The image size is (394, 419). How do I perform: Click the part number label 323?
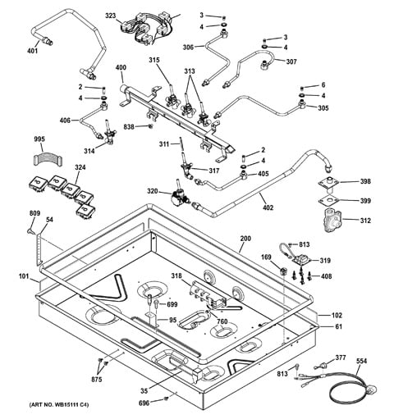pos(111,16)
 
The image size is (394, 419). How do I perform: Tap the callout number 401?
pos(33,51)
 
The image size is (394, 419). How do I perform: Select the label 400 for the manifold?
pos(121,67)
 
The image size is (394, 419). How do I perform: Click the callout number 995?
pos(39,139)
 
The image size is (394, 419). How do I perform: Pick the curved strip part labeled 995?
pos(48,160)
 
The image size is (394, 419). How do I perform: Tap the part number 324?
pos(80,167)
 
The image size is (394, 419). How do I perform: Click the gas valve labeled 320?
pos(179,194)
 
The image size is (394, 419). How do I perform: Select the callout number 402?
pos(268,207)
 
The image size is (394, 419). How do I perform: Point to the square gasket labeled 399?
pos(328,201)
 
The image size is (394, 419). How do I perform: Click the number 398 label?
pos(365,181)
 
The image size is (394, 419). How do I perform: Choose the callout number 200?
pos(245,239)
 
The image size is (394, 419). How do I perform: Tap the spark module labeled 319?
pos(300,259)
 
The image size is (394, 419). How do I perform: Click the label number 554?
pos(361,361)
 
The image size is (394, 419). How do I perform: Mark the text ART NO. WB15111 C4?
pos(59,405)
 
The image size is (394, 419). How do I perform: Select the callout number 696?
pos(144,403)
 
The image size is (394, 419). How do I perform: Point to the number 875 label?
pos(96,380)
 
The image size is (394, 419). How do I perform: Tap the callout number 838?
pos(129,127)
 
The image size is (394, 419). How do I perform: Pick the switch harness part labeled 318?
pos(208,297)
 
